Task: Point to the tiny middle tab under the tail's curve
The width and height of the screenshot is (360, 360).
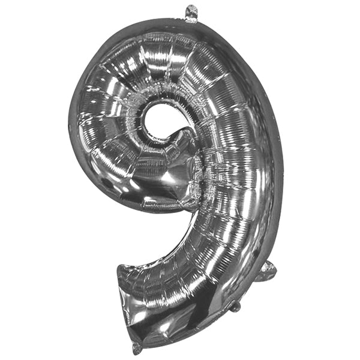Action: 236,307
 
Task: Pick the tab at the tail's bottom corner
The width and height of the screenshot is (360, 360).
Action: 137,347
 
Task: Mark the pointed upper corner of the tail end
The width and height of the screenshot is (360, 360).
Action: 121,267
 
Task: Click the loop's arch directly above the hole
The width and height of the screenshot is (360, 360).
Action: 159,66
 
